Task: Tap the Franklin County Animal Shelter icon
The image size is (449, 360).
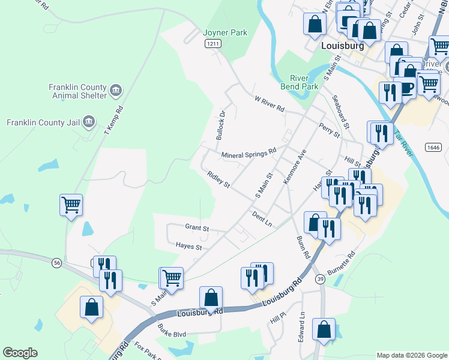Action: click(116, 91)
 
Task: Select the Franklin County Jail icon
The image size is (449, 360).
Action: click(88, 122)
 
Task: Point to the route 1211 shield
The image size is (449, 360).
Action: click(212, 44)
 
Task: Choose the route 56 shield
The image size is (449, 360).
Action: click(56, 263)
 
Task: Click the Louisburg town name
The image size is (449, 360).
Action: click(342, 46)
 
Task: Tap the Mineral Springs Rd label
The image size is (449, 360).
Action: click(249, 154)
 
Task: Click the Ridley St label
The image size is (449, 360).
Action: click(218, 180)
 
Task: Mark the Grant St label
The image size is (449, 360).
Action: click(196, 228)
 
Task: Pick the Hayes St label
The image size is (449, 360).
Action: click(188, 246)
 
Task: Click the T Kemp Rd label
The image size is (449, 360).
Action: click(113, 120)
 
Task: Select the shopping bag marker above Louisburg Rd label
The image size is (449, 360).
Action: click(211, 297)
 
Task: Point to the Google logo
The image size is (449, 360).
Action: click(20, 353)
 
